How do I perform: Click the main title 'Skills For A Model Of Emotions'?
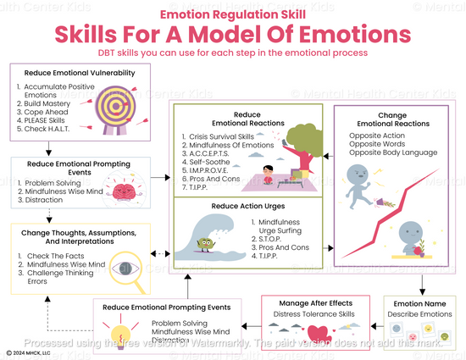tap(233, 34)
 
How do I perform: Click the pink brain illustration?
tap(120, 191)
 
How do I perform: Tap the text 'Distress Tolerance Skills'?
tap(314, 315)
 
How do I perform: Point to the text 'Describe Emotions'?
tap(419, 315)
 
